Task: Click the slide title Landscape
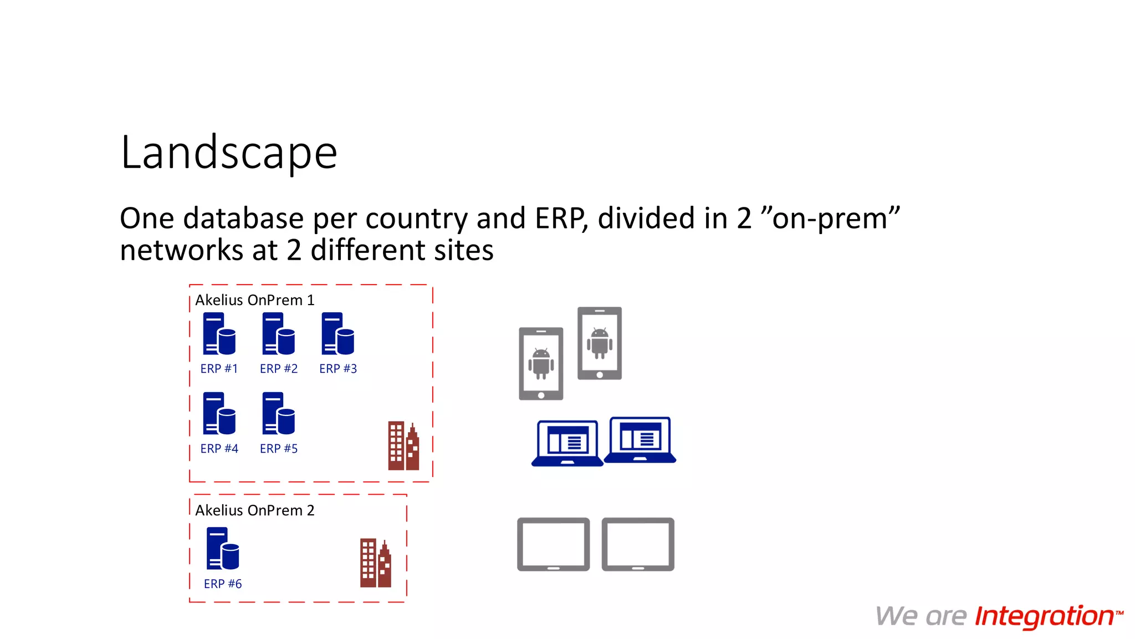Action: [229, 153]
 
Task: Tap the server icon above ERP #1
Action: [219, 333]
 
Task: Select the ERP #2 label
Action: [278, 369]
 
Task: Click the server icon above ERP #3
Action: [338, 333]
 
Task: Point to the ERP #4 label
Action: [219, 449]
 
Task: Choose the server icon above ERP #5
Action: [278, 413]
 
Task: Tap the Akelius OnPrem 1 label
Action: [254, 300]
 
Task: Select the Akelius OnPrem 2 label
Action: [254, 510]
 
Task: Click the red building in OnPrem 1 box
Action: [403, 446]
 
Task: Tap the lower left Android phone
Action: [541, 363]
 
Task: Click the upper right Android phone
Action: [600, 343]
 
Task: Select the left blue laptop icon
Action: [567, 443]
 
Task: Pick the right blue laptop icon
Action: [640, 440]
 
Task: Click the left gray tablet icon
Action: [553, 544]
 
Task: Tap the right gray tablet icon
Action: [638, 544]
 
